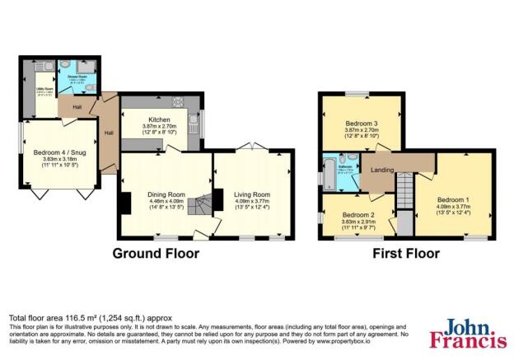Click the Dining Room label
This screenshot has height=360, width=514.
[x=166, y=194]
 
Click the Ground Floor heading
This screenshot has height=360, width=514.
[x=156, y=253]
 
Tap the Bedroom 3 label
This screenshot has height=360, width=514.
[x=361, y=122]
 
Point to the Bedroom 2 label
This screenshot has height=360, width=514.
[x=358, y=214]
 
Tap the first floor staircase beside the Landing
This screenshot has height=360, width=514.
[x=403, y=199]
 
